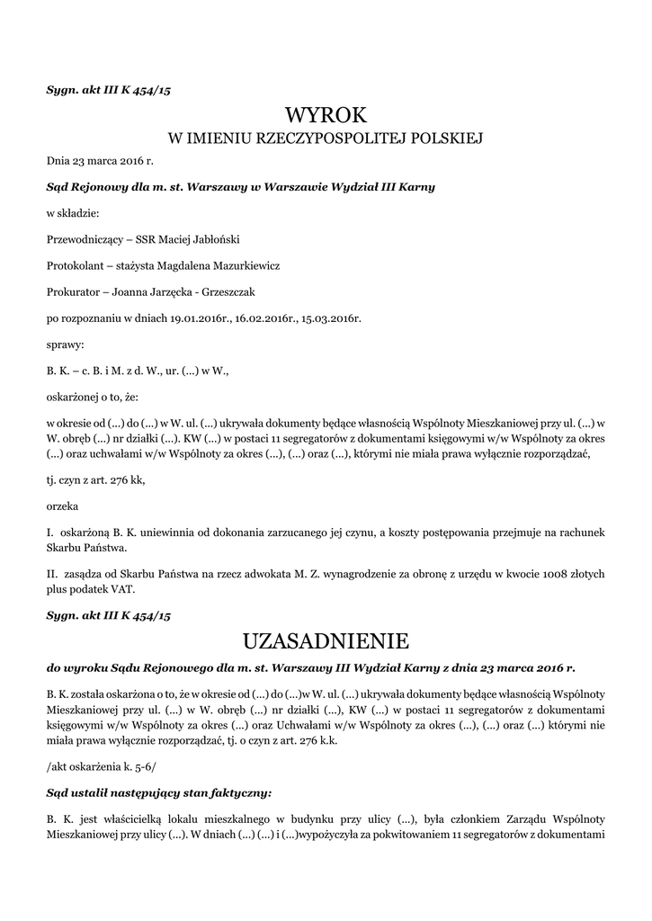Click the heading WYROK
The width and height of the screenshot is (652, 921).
[x=326, y=114]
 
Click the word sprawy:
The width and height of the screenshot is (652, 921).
[x=64, y=344]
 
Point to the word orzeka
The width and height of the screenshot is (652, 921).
[x=62, y=506]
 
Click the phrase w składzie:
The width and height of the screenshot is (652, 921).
[x=73, y=213]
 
